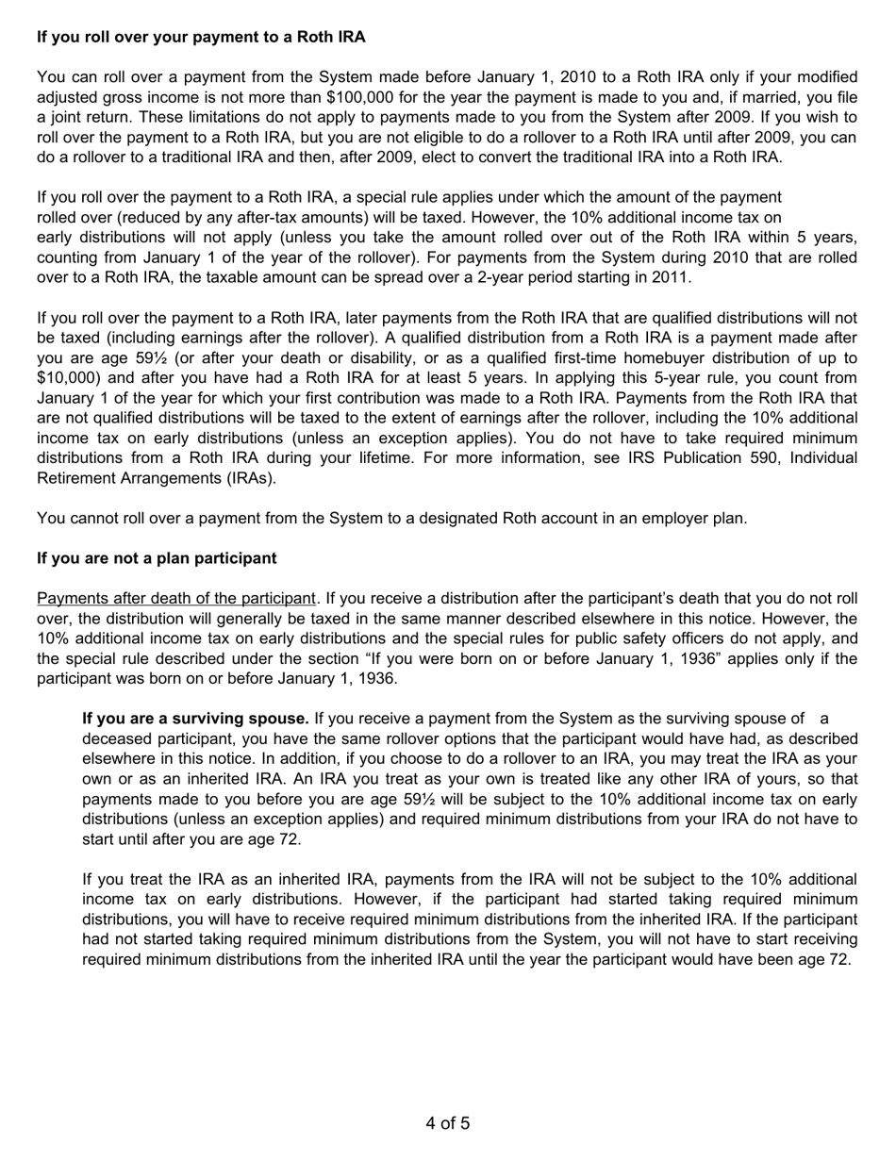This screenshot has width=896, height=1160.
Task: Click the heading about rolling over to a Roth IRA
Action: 201,37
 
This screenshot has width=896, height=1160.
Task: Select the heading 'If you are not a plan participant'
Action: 157,558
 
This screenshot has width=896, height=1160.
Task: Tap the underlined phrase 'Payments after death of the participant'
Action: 175,598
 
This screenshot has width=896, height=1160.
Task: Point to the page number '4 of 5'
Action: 448,1123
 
